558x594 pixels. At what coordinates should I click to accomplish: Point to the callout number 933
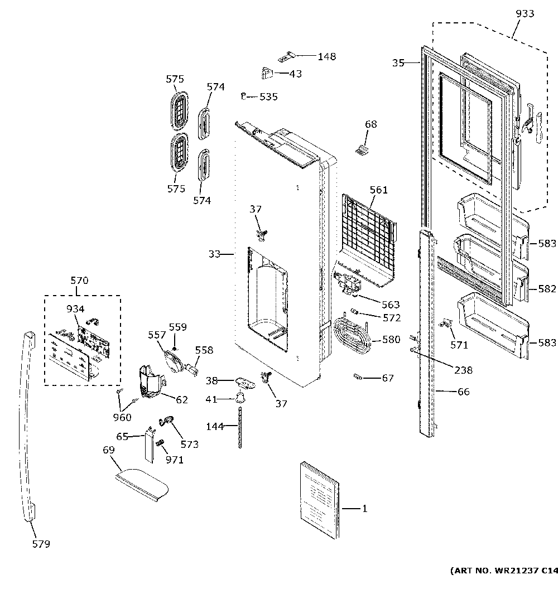tap(524, 14)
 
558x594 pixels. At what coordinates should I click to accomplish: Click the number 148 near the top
tap(327, 56)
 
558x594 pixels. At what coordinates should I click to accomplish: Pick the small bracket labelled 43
tap(266, 72)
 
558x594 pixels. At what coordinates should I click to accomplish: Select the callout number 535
tap(268, 97)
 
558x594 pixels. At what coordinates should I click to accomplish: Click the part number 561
tap(378, 190)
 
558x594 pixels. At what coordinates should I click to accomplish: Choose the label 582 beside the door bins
tap(547, 289)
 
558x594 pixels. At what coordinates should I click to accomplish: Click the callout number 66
tap(463, 392)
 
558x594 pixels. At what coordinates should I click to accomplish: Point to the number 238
tap(463, 370)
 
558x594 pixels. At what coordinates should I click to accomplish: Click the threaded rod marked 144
tap(242, 427)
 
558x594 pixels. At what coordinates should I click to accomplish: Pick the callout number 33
tap(215, 254)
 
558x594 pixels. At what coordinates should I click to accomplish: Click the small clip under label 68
tap(363, 149)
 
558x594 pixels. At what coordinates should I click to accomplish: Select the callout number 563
tap(391, 305)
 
